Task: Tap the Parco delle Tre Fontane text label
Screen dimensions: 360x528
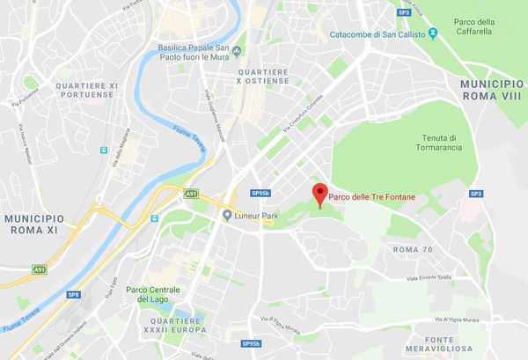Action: click(371, 197)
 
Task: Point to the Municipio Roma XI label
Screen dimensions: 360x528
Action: click(33, 223)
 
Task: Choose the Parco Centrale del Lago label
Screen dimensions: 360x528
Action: click(153, 295)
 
